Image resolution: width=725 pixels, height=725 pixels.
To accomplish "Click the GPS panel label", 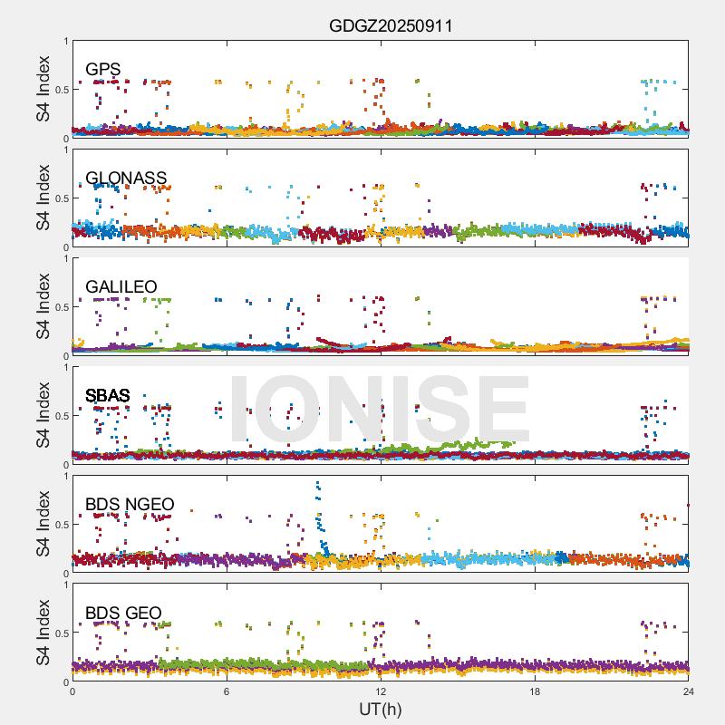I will point(102,69).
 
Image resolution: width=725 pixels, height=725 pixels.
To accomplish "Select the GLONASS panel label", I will point(126,178).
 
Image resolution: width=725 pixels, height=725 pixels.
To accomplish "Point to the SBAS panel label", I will point(108,395).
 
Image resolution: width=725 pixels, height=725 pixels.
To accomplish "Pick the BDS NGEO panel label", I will point(130,504).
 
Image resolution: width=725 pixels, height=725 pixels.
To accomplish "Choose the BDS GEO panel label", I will point(123,613).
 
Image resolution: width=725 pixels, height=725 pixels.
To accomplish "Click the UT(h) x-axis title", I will point(380,708).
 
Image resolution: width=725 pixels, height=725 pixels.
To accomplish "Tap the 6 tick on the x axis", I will point(227,692).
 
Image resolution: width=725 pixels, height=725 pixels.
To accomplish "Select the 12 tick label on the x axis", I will point(381,692).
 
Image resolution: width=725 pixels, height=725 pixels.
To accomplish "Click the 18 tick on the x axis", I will point(535,692).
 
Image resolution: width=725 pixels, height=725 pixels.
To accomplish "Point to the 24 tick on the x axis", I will point(689,692).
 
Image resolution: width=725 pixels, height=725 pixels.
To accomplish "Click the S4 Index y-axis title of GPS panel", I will point(43,89).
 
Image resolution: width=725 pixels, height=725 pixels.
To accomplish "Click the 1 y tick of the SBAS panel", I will point(65,367).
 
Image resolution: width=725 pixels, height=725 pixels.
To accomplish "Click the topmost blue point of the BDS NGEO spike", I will point(317,483).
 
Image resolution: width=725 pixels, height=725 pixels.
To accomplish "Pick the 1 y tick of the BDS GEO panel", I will point(65,585).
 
